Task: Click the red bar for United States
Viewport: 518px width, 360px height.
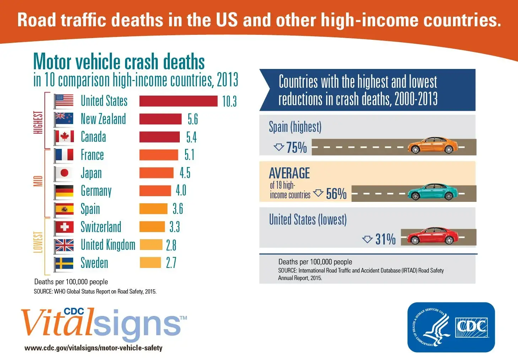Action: (178, 101)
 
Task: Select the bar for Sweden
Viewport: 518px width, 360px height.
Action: (150, 263)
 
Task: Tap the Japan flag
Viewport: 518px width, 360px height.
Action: (64, 173)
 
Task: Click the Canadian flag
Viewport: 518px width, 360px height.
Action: (64, 137)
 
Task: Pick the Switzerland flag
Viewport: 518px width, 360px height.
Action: (64, 227)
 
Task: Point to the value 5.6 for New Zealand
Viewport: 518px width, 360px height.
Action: (193, 119)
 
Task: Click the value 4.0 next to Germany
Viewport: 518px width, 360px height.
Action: (181, 191)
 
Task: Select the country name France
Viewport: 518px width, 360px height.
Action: (92, 155)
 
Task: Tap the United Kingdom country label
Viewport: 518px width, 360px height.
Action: (108, 245)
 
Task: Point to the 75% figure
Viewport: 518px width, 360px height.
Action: (296, 147)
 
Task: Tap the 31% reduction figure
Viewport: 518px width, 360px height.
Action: (385, 239)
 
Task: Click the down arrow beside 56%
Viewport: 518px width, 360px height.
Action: (318, 193)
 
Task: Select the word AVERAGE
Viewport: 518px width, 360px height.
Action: (289, 173)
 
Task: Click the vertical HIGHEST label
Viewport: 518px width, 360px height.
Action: (38, 122)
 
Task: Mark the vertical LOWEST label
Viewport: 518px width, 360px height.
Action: (38, 242)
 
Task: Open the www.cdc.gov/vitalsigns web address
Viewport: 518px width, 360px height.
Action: (93, 348)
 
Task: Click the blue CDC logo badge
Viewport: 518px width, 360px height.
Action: (451, 327)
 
